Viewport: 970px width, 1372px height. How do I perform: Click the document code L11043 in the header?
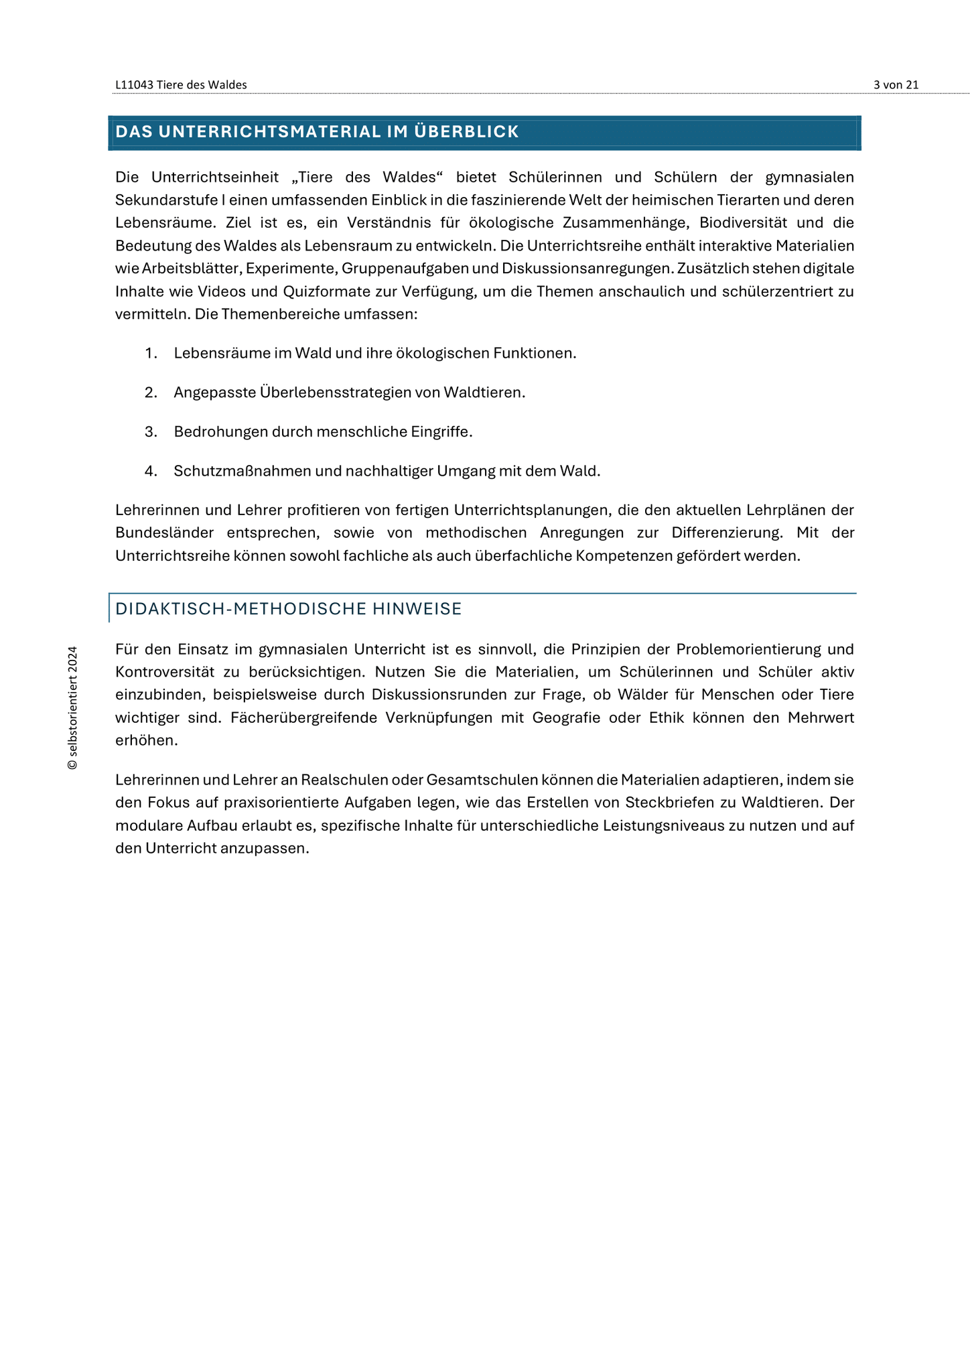(x=134, y=85)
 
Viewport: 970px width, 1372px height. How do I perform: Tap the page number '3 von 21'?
(x=896, y=85)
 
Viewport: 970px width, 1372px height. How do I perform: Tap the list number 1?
(x=150, y=353)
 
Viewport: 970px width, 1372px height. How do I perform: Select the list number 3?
(x=150, y=431)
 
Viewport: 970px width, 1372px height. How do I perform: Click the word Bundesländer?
(x=165, y=533)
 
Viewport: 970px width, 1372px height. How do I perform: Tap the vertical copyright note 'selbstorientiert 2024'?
(x=73, y=707)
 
